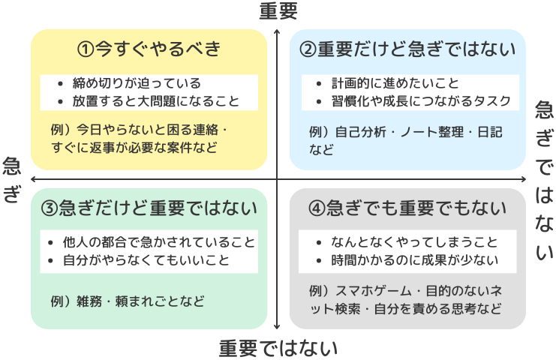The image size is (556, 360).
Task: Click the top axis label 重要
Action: click(278, 10)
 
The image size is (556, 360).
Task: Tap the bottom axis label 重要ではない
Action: click(278, 348)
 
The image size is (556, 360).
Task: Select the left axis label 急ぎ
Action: click(12, 180)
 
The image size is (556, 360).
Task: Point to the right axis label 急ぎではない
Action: click(544, 180)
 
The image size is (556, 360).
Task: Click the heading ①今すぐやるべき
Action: click(149, 49)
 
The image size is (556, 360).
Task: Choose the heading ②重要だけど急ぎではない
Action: click(407, 49)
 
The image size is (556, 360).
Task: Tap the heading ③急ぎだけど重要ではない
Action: click(149, 208)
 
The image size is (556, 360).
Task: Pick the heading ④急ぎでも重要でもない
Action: click(407, 208)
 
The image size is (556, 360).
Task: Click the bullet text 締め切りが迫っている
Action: click(137, 83)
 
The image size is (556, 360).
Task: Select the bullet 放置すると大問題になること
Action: click(156, 101)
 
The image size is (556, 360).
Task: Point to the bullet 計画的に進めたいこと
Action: click(395, 83)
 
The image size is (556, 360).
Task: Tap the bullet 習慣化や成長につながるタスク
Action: click(421, 101)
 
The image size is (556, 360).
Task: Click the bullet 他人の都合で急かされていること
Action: click(159, 242)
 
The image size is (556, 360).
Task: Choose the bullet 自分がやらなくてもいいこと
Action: click(146, 260)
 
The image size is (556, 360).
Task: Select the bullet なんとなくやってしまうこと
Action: click(414, 242)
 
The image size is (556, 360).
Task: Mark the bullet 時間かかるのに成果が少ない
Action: click(414, 260)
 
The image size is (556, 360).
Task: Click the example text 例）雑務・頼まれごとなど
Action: click(128, 301)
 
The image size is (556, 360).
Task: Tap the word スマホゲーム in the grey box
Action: click(374, 291)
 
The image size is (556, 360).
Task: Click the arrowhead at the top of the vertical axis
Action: click(277, 32)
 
